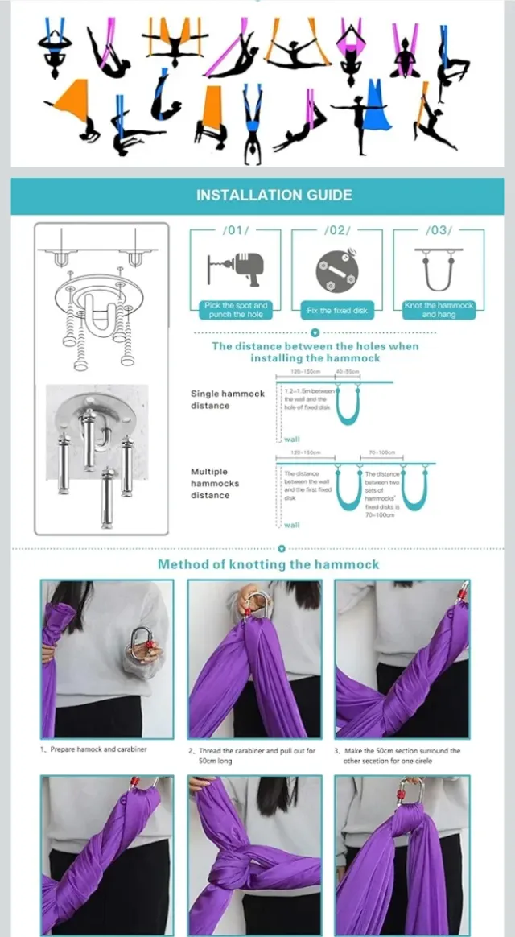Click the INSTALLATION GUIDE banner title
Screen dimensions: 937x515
(274, 195)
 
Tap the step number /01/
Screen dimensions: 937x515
(235, 231)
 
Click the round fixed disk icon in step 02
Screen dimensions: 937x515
(336, 271)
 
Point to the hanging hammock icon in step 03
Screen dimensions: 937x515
(439, 270)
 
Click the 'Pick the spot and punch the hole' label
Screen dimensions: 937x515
(235, 310)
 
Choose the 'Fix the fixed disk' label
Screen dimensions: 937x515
(336, 310)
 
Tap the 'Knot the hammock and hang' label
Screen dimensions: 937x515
(439, 310)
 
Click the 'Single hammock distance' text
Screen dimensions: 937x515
(227, 399)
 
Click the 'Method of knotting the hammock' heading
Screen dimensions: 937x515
(268, 564)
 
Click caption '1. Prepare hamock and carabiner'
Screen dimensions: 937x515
(94, 749)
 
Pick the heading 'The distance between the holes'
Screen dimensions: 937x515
(315, 352)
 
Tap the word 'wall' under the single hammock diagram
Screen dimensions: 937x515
(291, 440)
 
